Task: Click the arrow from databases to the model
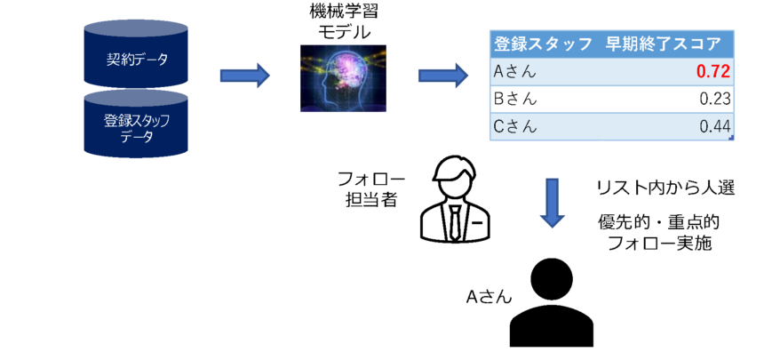(x=243, y=75)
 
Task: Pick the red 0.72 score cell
(x=713, y=71)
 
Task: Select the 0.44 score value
(x=715, y=127)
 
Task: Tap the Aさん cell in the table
(x=514, y=71)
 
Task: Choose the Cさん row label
(x=514, y=127)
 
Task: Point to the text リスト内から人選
(x=664, y=188)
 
